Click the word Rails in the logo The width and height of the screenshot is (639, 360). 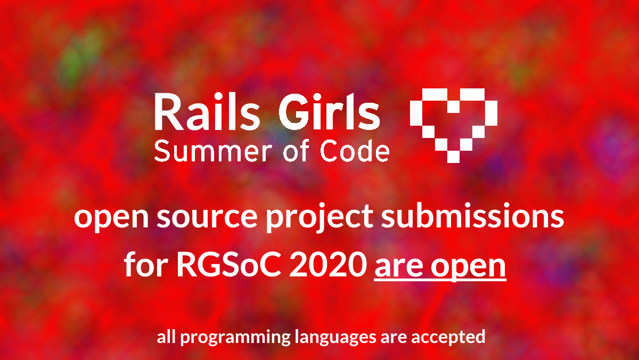[x=207, y=111]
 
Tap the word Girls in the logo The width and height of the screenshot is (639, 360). [x=329, y=111]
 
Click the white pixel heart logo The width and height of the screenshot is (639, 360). [x=454, y=126]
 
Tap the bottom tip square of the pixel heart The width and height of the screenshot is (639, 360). [x=453, y=157]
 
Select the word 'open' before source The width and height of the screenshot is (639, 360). [x=111, y=219]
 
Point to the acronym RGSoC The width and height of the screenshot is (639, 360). [x=229, y=265]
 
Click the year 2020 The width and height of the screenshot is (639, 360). [x=328, y=265]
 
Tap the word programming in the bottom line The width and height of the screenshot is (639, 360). [x=235, y=338]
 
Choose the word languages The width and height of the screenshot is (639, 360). [x=335, y=338]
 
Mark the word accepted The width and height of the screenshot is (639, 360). [x=448, y=338]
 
